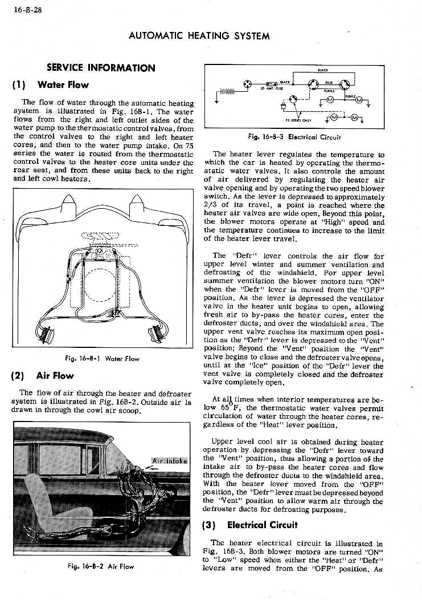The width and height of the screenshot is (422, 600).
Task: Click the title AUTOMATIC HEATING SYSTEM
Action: click(x=199, y=35)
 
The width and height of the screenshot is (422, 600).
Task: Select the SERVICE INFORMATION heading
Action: click(x=100, y=68)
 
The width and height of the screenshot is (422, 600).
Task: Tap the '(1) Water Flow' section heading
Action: click(x=50, y=85)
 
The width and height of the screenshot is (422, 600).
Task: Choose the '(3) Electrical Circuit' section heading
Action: click(x=254, y=525)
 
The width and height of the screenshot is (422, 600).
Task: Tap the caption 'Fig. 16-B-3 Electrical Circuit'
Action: click(x=294, y=137)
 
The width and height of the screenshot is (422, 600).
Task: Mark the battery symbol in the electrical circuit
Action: click(x=227, y=91)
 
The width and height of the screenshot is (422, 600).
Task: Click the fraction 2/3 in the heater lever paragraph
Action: click(x=211, y=206)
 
